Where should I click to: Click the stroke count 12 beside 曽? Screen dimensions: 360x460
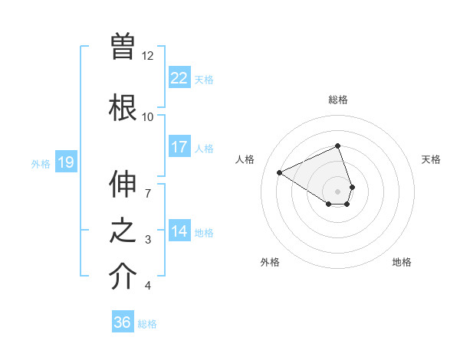148,56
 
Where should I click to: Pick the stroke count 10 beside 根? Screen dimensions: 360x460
148,116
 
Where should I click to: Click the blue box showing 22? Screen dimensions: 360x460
179,78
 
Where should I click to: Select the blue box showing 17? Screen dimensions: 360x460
179,147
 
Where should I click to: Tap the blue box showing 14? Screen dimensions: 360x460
179,231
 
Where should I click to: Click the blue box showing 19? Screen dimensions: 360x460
66,162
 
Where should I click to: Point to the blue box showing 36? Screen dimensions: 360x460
123,322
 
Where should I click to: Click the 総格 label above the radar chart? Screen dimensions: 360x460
338,100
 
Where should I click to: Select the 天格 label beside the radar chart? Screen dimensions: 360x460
431,159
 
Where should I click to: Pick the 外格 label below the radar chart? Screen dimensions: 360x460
270,262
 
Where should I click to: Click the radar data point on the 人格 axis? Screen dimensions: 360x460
280,173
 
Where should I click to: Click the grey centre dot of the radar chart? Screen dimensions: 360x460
338,191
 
